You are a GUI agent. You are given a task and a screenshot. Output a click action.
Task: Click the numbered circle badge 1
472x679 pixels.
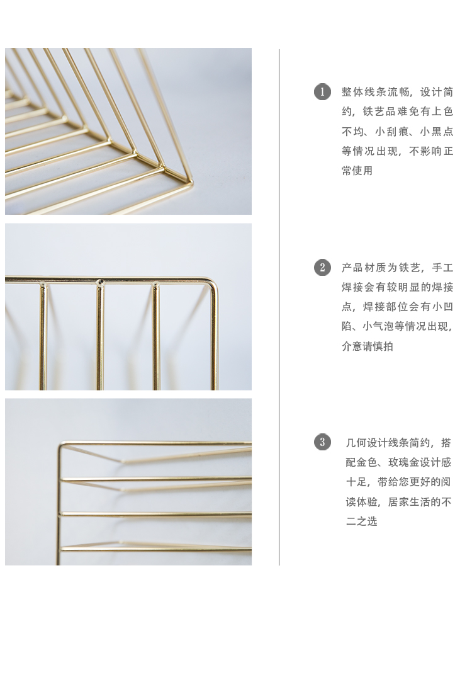[x=322, y=92]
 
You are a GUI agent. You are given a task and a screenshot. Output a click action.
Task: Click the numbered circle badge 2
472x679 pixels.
[x=322, y=268]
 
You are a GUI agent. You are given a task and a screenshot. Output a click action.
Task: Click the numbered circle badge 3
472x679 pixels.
[x=322, y=442]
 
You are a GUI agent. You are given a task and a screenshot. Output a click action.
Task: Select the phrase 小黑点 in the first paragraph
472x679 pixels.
[x=437, y=131]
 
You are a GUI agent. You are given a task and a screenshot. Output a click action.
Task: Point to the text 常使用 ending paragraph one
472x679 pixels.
[x=357, y=171]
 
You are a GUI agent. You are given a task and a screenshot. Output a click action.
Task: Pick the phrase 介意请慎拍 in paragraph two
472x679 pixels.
[x=368, y=346]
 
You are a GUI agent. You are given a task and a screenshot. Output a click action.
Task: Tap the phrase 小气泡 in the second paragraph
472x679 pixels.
[x=378, y=326]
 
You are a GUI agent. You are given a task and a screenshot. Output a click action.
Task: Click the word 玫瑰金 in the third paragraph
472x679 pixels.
[x=403, y=462]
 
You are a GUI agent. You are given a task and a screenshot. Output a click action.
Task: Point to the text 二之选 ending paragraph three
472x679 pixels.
[x=362, y=522]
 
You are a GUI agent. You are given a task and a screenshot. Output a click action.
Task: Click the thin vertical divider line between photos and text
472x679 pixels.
[x=279, y=307]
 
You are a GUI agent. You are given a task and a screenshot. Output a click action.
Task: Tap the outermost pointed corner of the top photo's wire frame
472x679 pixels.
[x=191, y=182]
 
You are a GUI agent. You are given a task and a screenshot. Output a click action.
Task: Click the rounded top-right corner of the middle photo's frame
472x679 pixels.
[x=214, y=283]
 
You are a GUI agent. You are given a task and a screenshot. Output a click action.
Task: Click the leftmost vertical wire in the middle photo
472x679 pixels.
[x=43, y=336]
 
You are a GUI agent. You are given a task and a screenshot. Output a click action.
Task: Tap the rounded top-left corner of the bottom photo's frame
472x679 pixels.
[x=62, y=445]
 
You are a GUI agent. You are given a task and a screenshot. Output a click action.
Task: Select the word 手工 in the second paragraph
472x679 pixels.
[x=442, y=268]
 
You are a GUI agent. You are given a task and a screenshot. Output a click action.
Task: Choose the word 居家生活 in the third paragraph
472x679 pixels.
[x=409, y=502]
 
